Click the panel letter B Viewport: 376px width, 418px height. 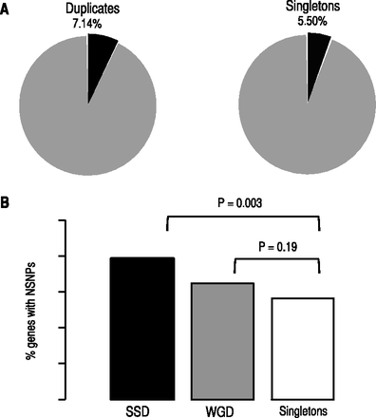click(x=7, y=203)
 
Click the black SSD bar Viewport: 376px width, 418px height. click(x=141, y=328)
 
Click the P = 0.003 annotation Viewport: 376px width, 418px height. click(x=242, y=202)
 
